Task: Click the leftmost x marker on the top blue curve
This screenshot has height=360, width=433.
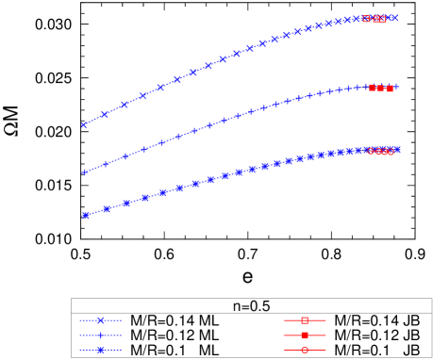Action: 84,124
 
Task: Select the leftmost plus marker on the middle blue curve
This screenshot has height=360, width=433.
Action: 85,172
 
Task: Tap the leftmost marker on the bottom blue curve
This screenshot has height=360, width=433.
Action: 86,215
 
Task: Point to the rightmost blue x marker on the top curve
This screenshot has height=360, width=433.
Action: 395,18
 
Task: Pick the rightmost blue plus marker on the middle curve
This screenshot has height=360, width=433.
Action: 395,87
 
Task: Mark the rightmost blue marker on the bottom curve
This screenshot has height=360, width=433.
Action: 397,149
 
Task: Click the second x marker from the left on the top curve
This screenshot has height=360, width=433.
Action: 105,114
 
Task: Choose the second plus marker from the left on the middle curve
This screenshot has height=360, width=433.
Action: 106,164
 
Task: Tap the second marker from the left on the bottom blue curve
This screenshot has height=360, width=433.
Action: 107,208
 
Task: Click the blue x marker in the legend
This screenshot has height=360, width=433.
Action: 101,320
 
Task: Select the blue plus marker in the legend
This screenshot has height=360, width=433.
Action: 101,335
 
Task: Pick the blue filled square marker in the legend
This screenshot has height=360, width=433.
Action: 101,350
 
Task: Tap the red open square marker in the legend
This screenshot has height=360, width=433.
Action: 305,320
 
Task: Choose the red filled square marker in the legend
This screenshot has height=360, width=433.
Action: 305,335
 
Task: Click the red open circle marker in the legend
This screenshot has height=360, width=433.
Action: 305,350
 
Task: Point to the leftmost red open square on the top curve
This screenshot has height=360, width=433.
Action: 366,18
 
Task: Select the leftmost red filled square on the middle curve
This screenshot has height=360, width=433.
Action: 373,88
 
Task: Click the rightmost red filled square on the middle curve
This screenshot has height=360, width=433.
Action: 390,89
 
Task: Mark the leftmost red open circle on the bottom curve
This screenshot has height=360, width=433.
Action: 371,151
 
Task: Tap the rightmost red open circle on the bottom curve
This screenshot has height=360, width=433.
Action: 391,152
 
